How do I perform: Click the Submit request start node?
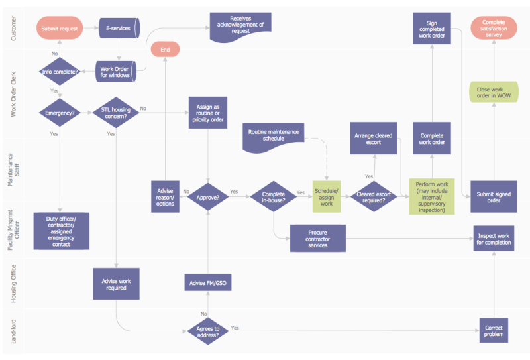[x=60, y=28]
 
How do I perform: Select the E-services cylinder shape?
[x=119, y=28]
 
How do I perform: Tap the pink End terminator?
[x=165, y=50]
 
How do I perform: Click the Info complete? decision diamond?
[x=60, y=72]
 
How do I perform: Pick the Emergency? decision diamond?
[x=60, y=113]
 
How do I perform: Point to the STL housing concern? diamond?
[x=115, y=113]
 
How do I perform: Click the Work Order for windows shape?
[x=115, y=72]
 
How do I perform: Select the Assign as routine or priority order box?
[x=208, y=113]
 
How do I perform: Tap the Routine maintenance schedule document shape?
[x=273, y=137]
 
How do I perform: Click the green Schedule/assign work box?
[x=327, y=197]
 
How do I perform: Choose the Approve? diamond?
[x=208, y=197]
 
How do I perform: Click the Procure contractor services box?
[x=318, y=239]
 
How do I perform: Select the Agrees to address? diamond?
[x=208, y=331]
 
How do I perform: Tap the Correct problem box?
[x=494, y=331]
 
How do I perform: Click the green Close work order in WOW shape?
[x=494, y=92]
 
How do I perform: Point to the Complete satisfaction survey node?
[x=494, y=28]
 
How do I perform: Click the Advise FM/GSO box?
[x=208, y=282]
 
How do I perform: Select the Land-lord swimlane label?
[x=13, y=331]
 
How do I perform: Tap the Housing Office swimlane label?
[x=13, y=284]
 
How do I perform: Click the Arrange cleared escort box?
[x=374, y=139]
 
